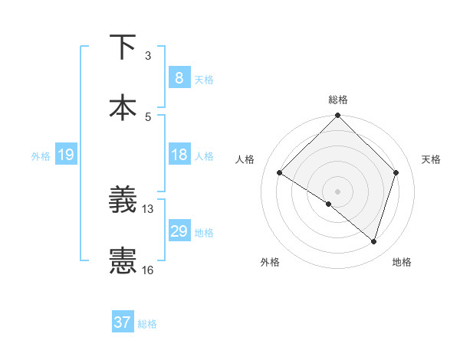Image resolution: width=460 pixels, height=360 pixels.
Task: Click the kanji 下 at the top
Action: (x=123, y=47)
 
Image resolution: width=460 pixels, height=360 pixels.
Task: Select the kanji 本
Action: (x=123, y=107)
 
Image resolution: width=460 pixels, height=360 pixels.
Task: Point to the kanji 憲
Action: (x=123, y=260)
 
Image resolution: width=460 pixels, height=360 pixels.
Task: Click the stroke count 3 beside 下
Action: (x=148, y=56)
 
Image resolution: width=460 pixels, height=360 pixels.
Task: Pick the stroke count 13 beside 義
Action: (x=148, y=208)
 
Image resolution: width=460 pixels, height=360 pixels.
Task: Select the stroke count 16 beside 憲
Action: (x=148, y=270)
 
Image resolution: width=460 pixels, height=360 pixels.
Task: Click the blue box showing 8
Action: (x=179, y=78)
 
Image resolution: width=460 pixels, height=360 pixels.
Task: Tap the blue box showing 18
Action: (x=179, y=155)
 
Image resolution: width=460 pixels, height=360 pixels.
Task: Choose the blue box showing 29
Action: (x=179, y=231)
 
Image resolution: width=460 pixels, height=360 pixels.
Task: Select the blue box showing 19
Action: (x=65, y=155)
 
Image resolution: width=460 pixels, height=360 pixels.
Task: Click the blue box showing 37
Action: (x=122, y=322)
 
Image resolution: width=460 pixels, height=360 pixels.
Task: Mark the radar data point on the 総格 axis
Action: (x=337, y=116)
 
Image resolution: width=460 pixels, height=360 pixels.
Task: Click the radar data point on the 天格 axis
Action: (x=396, y=172)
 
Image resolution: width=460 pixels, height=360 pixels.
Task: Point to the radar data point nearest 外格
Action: (x=329, y=204)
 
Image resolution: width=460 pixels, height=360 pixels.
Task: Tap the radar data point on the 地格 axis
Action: (x=373, y=242)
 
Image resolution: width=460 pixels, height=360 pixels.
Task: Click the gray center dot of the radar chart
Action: (x=337, y=191)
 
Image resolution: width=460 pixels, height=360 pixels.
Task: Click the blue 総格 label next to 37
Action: (x=147, y=324)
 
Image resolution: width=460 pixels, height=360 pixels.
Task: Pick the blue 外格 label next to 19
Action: (x=41, y=156)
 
